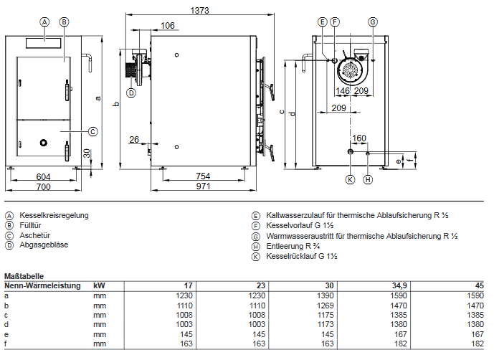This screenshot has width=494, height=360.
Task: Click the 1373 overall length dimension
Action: [x=200, y=10]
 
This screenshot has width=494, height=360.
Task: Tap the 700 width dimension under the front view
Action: [x=44, y=186]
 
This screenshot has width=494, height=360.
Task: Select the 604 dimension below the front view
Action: [x=44, y=176]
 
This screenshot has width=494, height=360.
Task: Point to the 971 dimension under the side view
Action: [x=203, y=186]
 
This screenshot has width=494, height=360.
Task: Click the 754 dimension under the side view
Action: [x=203, y=176]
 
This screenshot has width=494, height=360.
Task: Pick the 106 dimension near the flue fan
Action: [x=168, y=26]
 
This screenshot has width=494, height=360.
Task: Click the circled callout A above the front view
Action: [x=44, y=22]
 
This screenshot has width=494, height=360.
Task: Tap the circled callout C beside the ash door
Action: [x=92, y=131]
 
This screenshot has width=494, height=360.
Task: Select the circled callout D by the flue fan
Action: [x=130, y=92]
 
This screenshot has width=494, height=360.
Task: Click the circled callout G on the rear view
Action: [x=373, y=22]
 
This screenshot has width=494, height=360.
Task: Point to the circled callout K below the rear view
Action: [x=350, y=179]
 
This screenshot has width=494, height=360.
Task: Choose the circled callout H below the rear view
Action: [x=368, y=179]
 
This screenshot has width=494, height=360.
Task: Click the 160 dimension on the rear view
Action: [x=359, y=138]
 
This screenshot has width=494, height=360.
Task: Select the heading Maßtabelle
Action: [x=24, y=275]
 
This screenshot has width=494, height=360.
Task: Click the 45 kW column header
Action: [x=479, y=285]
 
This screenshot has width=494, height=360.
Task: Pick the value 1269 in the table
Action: [x=326, y=304]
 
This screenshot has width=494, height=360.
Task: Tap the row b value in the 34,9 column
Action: [x=398, y=304]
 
